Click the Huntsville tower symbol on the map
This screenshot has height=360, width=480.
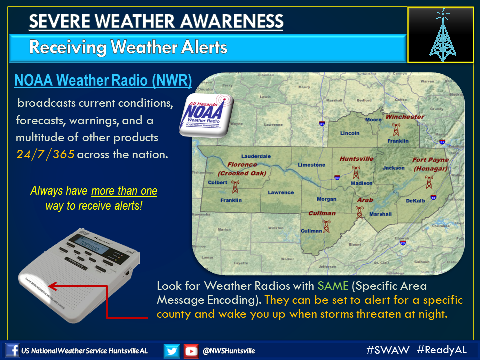[x=356, y=172]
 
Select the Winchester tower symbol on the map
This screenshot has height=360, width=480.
[x=396, y=130]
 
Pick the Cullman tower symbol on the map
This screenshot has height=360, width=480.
[x=326, y=226]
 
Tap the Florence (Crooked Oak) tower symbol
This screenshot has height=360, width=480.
[x=235, y=187]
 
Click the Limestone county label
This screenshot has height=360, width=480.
[x=311, y=165]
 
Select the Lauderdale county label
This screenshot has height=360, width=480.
[x=255, y=156]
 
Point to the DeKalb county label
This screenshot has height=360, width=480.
[x=415, y=200]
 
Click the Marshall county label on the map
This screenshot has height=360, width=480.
[x=380, y=214]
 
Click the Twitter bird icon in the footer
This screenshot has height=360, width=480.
[x=172, y=351]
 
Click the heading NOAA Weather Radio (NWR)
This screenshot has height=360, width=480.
[x=103, y=80]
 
